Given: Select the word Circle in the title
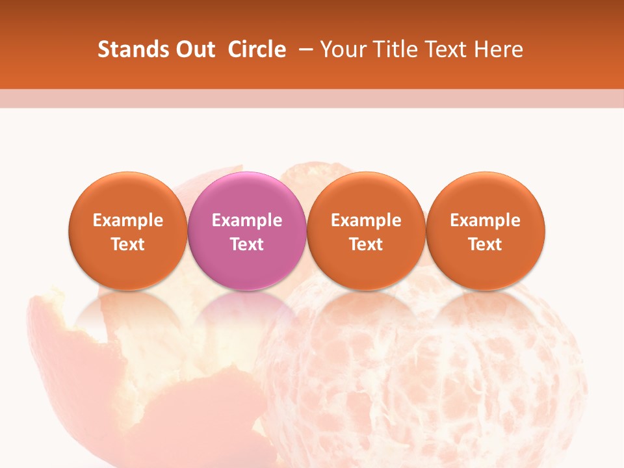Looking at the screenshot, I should pyautogui.click(x=257, y=49).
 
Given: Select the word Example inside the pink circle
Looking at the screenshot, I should pyautogui.click(x=247, y=220).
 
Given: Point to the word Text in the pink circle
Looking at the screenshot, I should pyautogui.click(x=247, y=244).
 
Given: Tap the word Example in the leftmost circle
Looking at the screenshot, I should pyautogui.click(x=128, y=220).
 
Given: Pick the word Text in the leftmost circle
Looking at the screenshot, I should pyautogui.click(x=128, y=244).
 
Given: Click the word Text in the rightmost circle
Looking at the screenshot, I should pyautogui.click(x=486, y=244).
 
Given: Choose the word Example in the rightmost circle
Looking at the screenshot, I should pyautogui.click(x=486, y=220).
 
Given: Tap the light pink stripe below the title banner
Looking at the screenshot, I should pyautogui.click(x=312, y=98).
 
